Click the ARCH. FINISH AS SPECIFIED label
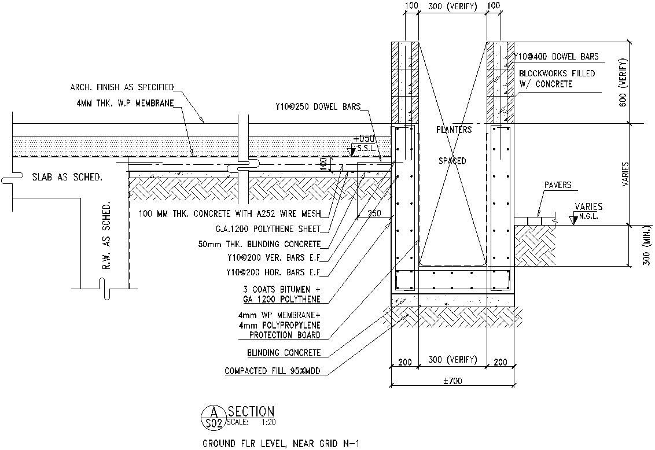click(x=122, y=87)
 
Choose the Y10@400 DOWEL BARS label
click(x=556, y=57)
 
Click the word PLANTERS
click(x=454, y=130)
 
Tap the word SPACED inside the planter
click(x=452, y=161)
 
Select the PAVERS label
click(x=558, y=185)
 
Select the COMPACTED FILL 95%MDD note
click(x=272, y=370)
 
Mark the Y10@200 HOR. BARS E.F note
click(x=274, y=272)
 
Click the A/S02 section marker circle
click(x=214, y=418)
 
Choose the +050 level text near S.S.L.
click(x=367, y=139)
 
